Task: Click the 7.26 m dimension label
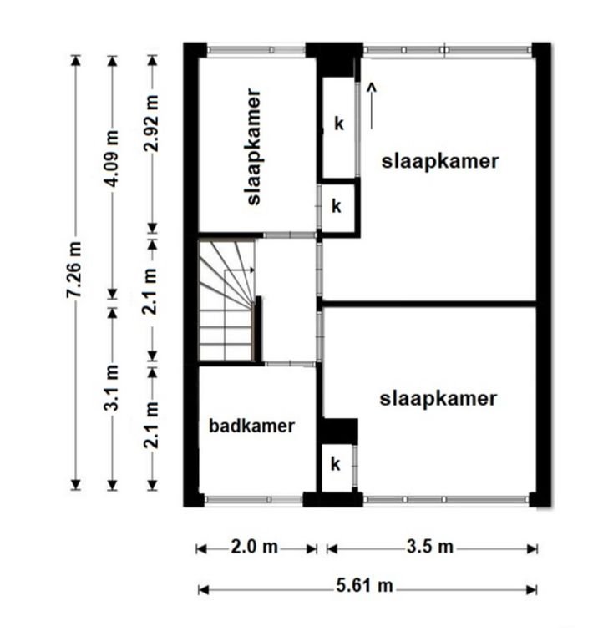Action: (x=75, y=270)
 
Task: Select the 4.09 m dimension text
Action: (x=112, y=159)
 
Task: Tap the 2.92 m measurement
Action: (x=151, y=123)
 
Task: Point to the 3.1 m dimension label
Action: (x=112, y=387)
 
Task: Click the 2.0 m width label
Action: (x=255, y=547)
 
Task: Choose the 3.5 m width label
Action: (x=430, y=547)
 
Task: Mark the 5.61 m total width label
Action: (x=364, y=586)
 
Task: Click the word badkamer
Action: (x=252, y=426)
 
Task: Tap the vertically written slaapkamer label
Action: (x=254, y=147)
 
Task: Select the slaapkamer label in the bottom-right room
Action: (x=438, y=399)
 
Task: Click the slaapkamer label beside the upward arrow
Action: (x=440, y=161)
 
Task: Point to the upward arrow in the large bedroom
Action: (x=372, y=106)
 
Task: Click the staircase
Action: (x=227, y=300)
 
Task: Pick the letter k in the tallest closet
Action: (x=339, y=124)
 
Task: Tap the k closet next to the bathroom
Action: (x=336, y=464)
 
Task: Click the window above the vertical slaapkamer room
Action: (x=256, y=50)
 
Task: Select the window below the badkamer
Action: (x=254, y=500)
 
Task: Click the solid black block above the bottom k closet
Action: (x=339, y=432)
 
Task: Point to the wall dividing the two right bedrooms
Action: (x=428, y=304)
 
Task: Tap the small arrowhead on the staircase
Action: (x=252, y=270)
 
